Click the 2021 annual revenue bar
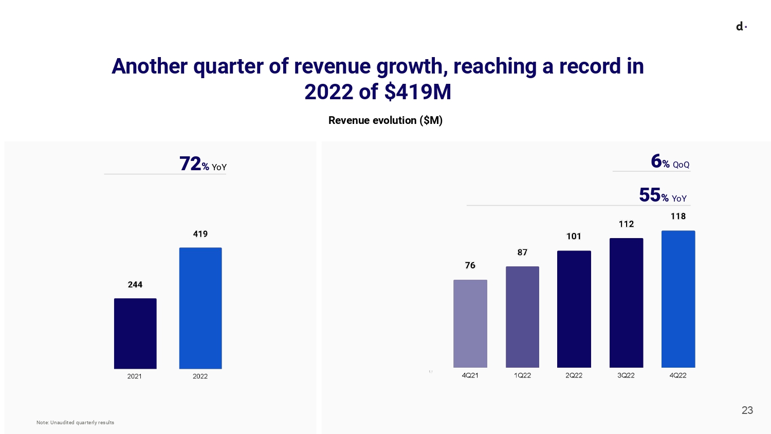(x=135, y=333)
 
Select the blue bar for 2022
(x=200, y=308)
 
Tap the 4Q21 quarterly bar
(x=470, y=323)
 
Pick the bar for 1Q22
(x=522, y=317)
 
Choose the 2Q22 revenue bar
(x=574, y=309)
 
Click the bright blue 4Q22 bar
(x=678, y=299)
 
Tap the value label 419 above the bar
(x=200, y=234)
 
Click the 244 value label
(x=135, y=285)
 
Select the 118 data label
(x=678, y=216)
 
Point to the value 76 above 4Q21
(x=470, y=265)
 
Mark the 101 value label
(x=574, y=237)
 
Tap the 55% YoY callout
(x=663, y=196)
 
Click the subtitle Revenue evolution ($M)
(x=385, y=120)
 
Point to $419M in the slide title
(x=417, y=92)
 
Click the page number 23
(x=747, y=410)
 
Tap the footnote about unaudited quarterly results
(x=75, y=423)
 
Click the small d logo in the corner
(x=741, y=27)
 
